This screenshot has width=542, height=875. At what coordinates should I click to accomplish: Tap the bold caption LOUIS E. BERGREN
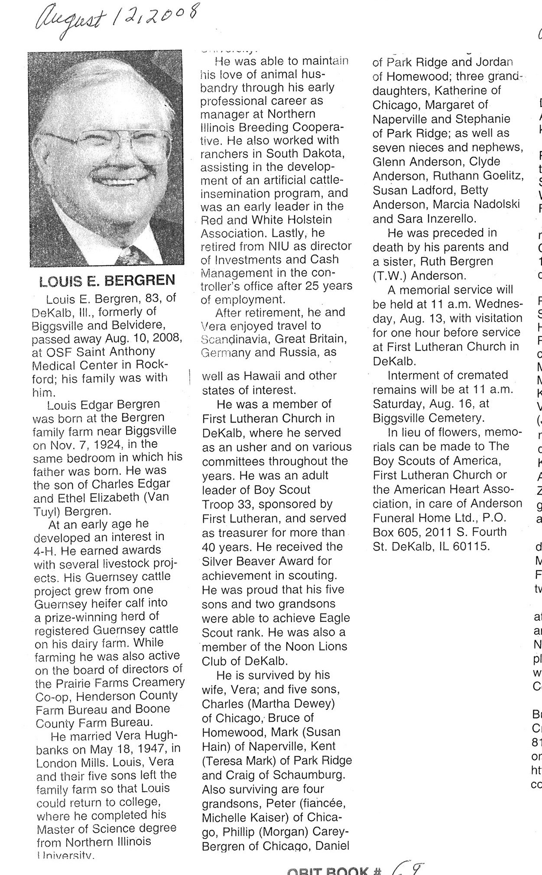[x=107, y=280]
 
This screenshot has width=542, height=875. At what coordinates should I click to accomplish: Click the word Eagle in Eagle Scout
[x=335, y=618]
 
